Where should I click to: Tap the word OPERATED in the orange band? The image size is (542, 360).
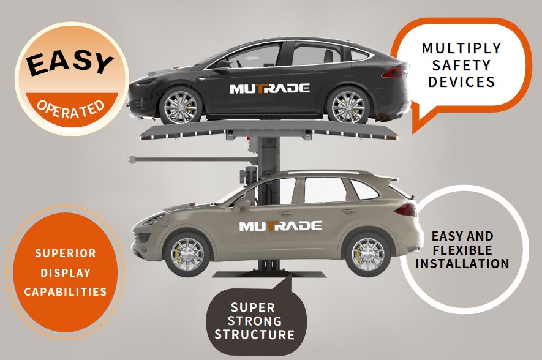point(69,105)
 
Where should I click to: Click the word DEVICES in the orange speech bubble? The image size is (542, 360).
point(462,81)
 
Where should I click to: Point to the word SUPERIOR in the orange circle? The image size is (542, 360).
point(66,253)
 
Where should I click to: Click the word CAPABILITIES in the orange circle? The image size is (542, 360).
point(66,291)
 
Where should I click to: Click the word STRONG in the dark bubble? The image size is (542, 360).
point(256,321)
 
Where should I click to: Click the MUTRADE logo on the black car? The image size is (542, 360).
point(269,89)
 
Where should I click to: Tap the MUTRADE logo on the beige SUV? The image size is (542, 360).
point(280,226)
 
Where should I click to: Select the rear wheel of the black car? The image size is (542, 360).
point(347,105)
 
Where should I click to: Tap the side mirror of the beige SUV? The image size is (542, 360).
point(243,201)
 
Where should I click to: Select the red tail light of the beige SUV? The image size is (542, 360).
point(406,209)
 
